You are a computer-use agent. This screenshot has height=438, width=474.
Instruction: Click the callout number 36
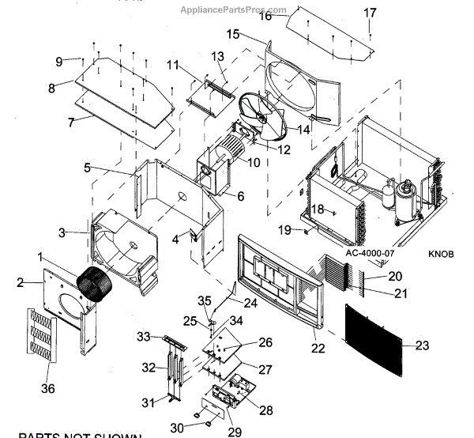(47, 388)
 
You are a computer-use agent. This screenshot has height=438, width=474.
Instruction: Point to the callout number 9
(59, 62)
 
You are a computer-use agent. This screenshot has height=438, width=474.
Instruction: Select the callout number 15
(232, 34)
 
